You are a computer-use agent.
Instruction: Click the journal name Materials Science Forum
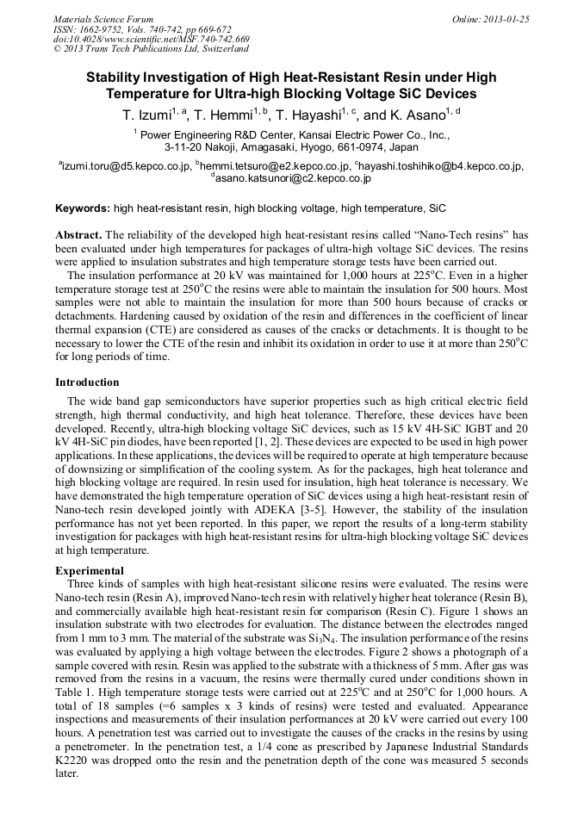point(103,19)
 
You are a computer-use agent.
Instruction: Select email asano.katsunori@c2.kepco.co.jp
point(291,178)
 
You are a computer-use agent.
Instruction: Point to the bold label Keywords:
point(83,208)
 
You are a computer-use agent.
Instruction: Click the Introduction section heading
point(87,382)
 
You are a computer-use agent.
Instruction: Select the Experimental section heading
point(90,570)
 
